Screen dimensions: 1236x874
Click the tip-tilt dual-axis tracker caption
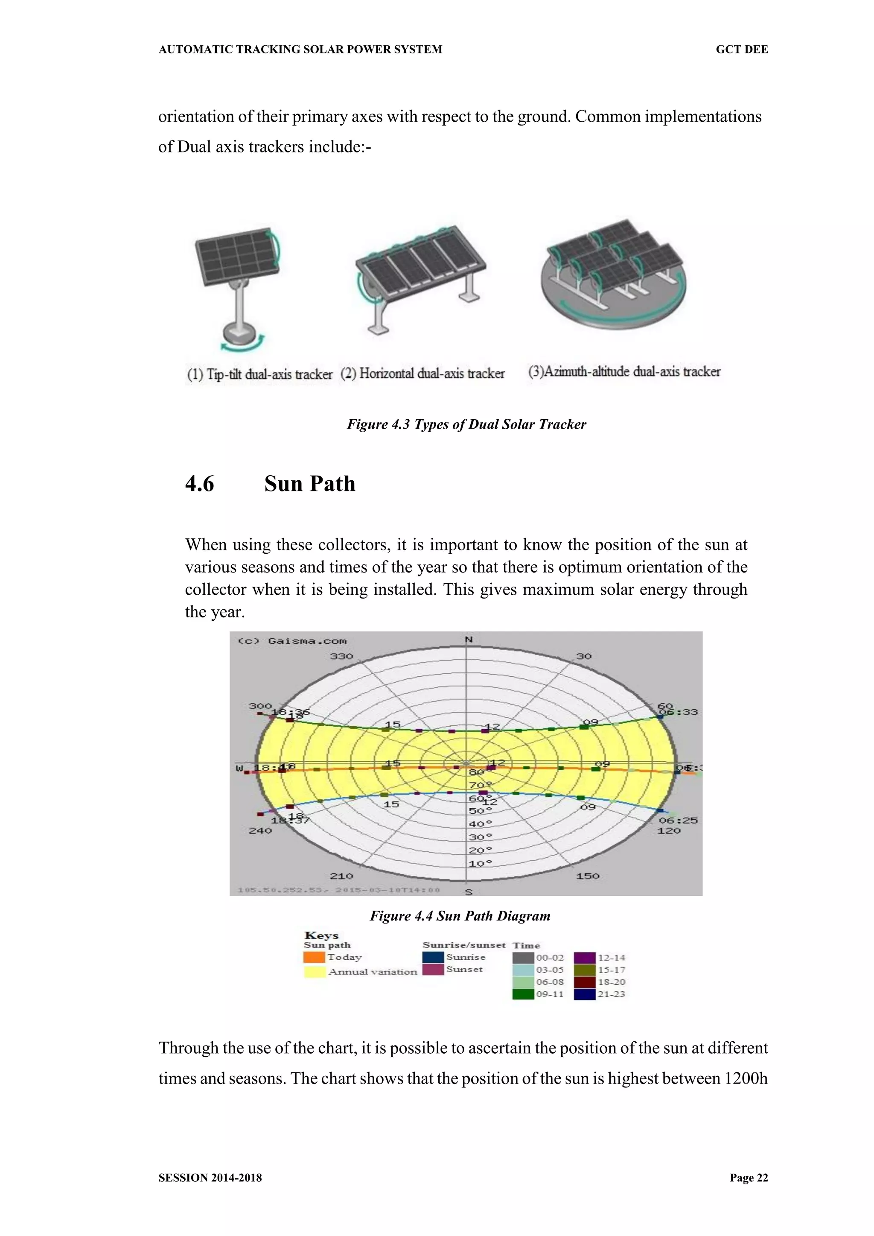click(x=259, y=374)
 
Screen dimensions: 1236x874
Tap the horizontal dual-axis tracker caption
click(x=422, y=373)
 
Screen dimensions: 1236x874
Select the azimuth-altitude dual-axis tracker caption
click(x=624, y=371)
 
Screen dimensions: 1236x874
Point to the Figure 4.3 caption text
click(x=466, y=424)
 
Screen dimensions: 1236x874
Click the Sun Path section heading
click(x=309, y=483)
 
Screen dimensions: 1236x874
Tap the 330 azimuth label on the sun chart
click(x=341, y=656)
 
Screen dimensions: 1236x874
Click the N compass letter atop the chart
click(x=468, y=640)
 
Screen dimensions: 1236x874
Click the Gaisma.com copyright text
click(x=292, y=640)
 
